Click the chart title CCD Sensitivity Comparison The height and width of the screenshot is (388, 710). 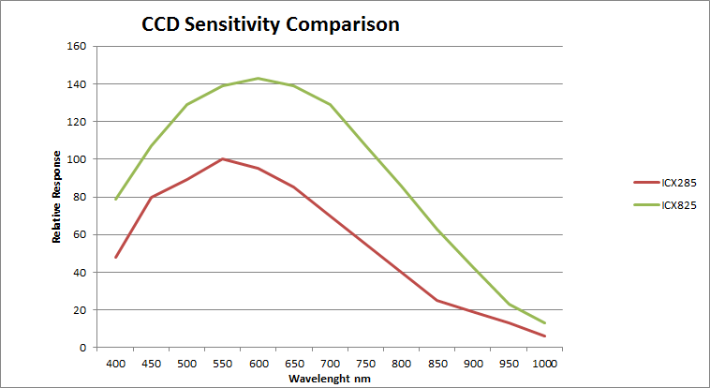point(270,23)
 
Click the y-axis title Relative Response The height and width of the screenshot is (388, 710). point(57,197)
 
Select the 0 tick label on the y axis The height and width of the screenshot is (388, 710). point(82,348)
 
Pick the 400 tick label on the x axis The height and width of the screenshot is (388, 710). point(116,362)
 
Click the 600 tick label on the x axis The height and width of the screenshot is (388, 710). point(259,362)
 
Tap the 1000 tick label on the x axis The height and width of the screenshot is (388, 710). point(544,362)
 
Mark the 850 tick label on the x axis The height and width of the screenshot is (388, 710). point(437,362)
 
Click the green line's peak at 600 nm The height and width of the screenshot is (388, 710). point(259,78)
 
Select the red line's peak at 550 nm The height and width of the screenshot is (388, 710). point(223,158)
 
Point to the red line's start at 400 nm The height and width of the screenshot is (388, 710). point(116,257)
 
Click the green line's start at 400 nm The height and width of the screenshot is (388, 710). point(116,199)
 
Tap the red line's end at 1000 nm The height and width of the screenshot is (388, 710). point(544,336)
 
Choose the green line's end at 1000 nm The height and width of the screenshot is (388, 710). point(544,322)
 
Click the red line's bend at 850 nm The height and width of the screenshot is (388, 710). point(437,300)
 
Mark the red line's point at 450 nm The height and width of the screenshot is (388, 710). point(152,197)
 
